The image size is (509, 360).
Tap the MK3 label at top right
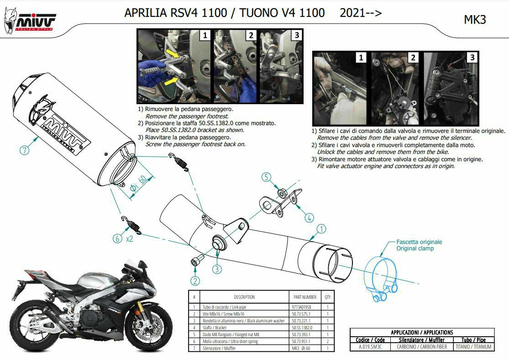click(475, 20)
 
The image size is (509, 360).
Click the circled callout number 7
click(24, 150)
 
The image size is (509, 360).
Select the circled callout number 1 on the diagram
click(321, 229)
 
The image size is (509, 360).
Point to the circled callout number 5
click(266, 177)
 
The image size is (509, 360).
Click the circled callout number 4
click(309, 217)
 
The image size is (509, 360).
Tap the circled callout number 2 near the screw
click(195, 281)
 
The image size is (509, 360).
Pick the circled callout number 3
click(217, 269)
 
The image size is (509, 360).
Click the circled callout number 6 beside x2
click(117, 239)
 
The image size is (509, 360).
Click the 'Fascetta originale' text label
click(419, 242)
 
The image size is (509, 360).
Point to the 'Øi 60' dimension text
click(138, 184)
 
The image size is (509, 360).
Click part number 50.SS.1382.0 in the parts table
click(302, 328)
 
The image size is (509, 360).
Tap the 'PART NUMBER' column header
click(305, 297)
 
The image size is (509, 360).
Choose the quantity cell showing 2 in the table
click(327, 341)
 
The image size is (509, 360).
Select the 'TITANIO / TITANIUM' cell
click(473, 347)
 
